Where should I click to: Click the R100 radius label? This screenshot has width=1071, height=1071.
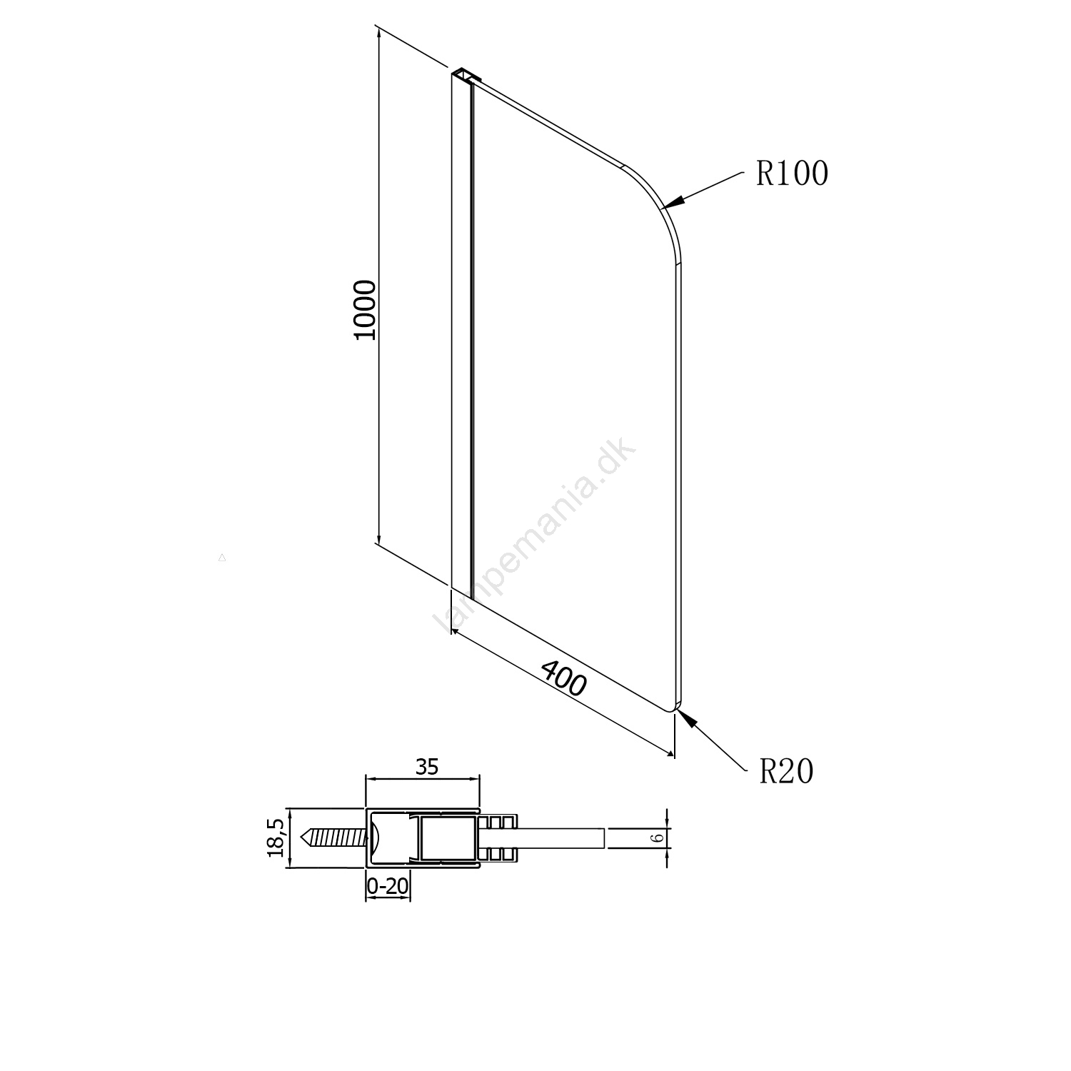point(793,174)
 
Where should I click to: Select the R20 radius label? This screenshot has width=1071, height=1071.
point(786,771)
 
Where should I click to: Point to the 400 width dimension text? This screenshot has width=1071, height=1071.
point(564,678)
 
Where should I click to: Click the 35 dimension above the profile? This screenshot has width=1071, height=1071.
point(426,767)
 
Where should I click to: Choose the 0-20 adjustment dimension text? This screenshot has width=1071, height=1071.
point(388,886)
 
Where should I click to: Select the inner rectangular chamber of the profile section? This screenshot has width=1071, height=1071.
point(448,838)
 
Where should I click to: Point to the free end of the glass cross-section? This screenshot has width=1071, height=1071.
point(605,838)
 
